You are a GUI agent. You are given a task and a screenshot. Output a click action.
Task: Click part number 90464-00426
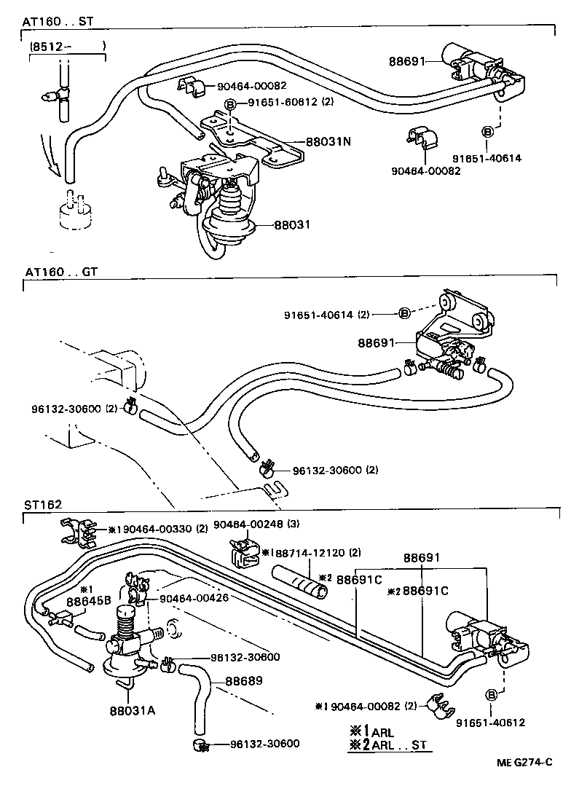194,599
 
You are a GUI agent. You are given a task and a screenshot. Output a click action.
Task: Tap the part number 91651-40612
490,723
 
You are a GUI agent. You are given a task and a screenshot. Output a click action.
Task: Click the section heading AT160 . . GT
60,272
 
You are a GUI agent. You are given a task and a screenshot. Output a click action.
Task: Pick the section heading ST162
42,503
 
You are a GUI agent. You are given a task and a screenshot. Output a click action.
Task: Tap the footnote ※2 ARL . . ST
389,744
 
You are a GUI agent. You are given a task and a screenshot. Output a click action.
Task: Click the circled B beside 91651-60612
229,105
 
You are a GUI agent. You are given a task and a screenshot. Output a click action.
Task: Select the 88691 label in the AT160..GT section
374,342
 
